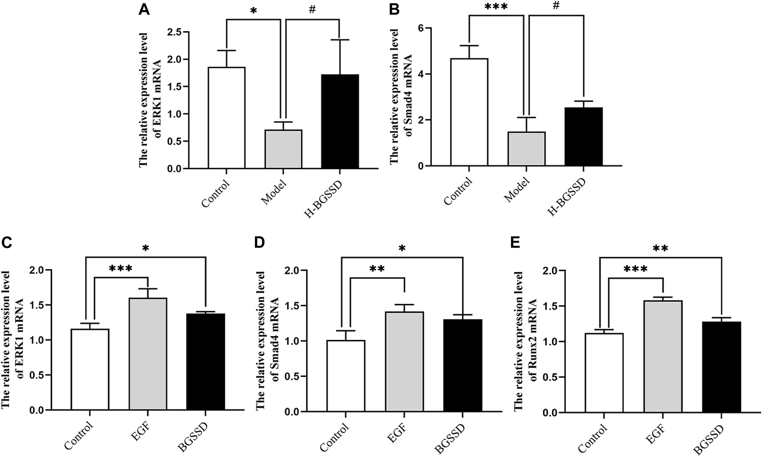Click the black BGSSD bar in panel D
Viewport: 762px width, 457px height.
tap(463, 365)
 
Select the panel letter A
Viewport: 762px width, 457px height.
tap(144, 9)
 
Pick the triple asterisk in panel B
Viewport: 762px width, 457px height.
tap(496, 7)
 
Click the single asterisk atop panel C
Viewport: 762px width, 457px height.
tap(146, 248)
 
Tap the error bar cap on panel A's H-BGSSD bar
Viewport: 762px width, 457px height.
tap(340, 40)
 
